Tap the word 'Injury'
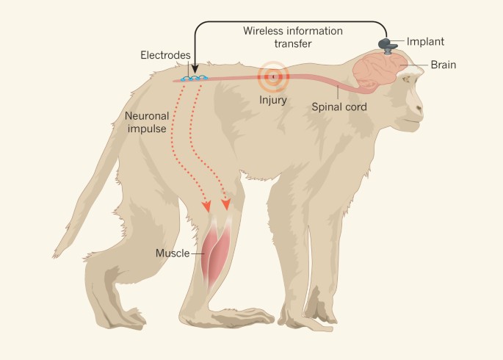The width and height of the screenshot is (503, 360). (x=273, y=99)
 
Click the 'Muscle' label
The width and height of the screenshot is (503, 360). (x=172, y=253)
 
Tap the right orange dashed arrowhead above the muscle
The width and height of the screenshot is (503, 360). (x=225, y=204)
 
